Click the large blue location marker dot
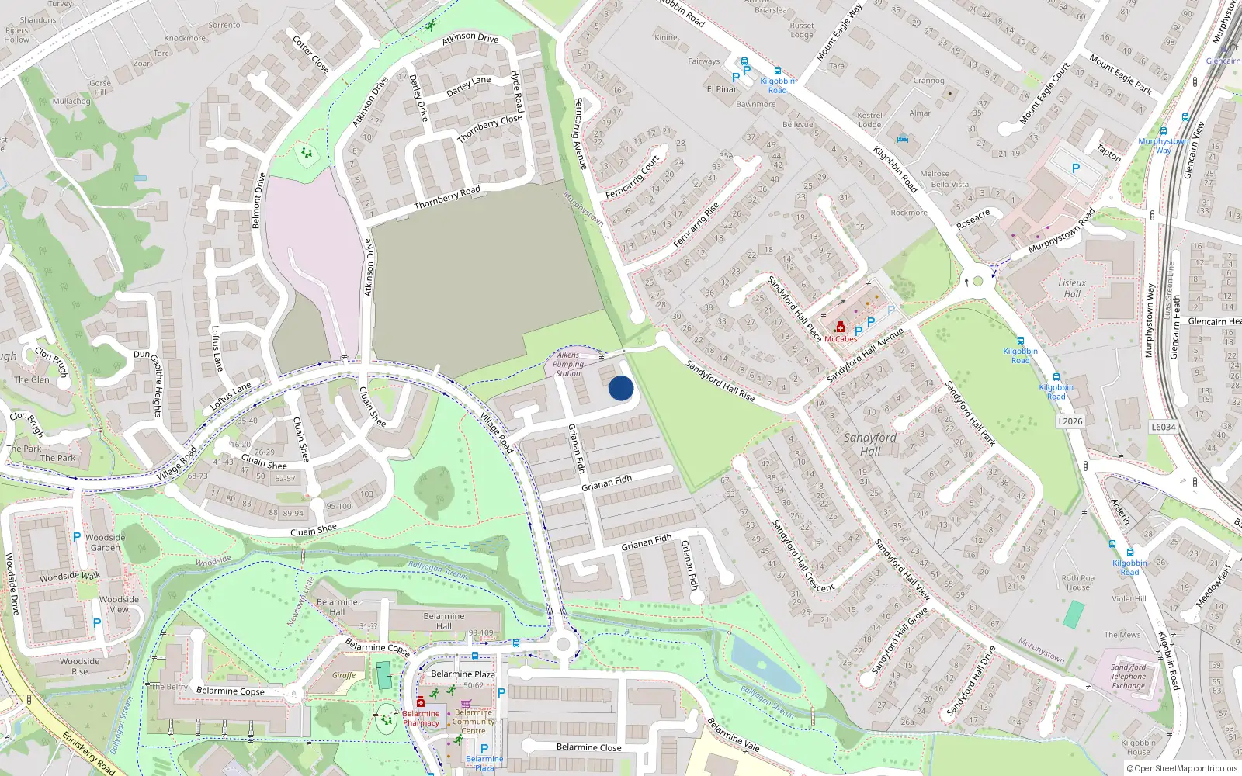(x=621, y=388)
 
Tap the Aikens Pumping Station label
(x=568, y=364)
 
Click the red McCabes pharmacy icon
(x=840, y=328)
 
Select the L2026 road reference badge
(x=1070, y=421)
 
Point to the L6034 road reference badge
(x=1163, y=427)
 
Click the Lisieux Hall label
(x=1072, y=289)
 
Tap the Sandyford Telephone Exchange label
(x=1128, y=676)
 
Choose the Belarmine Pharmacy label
(x=421, y=719)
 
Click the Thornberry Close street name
(x=489, y=129)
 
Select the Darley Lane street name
(x=468, y=86)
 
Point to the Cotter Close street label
(x=310, y=54)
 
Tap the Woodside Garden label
(x=106, y=542)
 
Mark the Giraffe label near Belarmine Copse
(x=344, y=675)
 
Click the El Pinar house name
(x=721, y=89)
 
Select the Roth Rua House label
(x=1077, y=582)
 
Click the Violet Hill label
(x=1129, y=598)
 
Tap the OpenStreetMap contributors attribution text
(x=1185, y=769)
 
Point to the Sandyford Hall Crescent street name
(x=803, y=555)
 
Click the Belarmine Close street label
(x=588, y=747)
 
